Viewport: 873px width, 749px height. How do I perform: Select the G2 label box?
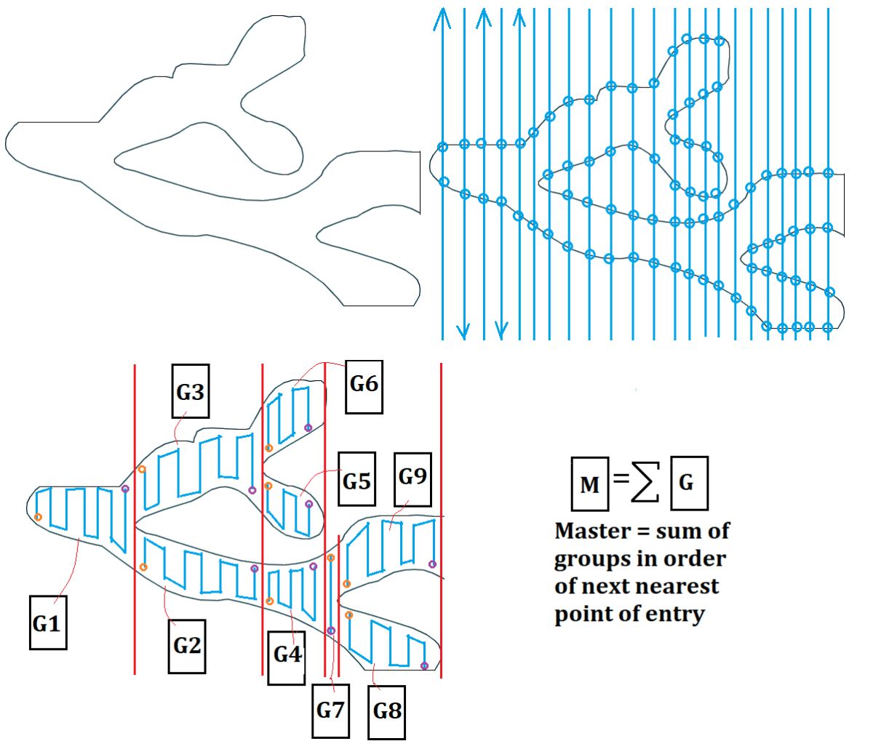[187, 646]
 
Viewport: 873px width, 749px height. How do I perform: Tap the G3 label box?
[190, 391]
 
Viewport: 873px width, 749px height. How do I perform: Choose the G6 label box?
[364, 385]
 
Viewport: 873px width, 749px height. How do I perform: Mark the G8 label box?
[387, 710]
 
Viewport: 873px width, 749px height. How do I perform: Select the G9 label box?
[412, 478]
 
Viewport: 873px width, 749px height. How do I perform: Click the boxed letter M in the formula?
[590, 482]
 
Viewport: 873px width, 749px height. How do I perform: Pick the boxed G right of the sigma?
[687, 482]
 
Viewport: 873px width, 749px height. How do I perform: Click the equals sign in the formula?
[619, 479]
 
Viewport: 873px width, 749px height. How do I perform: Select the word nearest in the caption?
[680, 586]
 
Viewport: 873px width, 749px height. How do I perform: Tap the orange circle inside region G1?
[38, 517]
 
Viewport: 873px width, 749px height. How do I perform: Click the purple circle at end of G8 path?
[425, 666]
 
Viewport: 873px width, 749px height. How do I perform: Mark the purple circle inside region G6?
[308, 428]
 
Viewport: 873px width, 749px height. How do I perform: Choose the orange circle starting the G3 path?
[142, 470]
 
